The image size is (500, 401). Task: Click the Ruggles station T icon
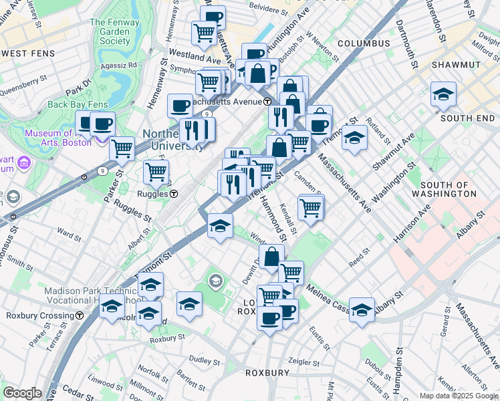pyautogui.click(x=173, y=194)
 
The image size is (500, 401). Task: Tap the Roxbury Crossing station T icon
pyautogui.click(x=80, y=315)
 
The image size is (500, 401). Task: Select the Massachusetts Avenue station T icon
pyautogui.click(x=267, y=102)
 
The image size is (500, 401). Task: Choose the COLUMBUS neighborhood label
pyautogui.click(x=363, y=43)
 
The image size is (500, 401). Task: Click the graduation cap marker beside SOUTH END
pyautogui.click(x=443, y=95)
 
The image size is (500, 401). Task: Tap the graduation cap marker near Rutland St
pyautogui.click(x=355, y=138)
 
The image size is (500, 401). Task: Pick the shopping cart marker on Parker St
pyautogui.click(x=122, y=148)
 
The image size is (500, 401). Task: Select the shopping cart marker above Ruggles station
pyautogui.click(x=156, y=171)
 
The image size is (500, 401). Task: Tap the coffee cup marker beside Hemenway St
pyautogui.click(x=180, y=105)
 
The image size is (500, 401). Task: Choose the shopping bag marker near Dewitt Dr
pyautogui.click(x=272, y=257)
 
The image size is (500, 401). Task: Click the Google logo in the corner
pyautogui.click(x=22, y=393)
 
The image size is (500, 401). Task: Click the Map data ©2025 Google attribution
pyautogui.click(x=458, y=396)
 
